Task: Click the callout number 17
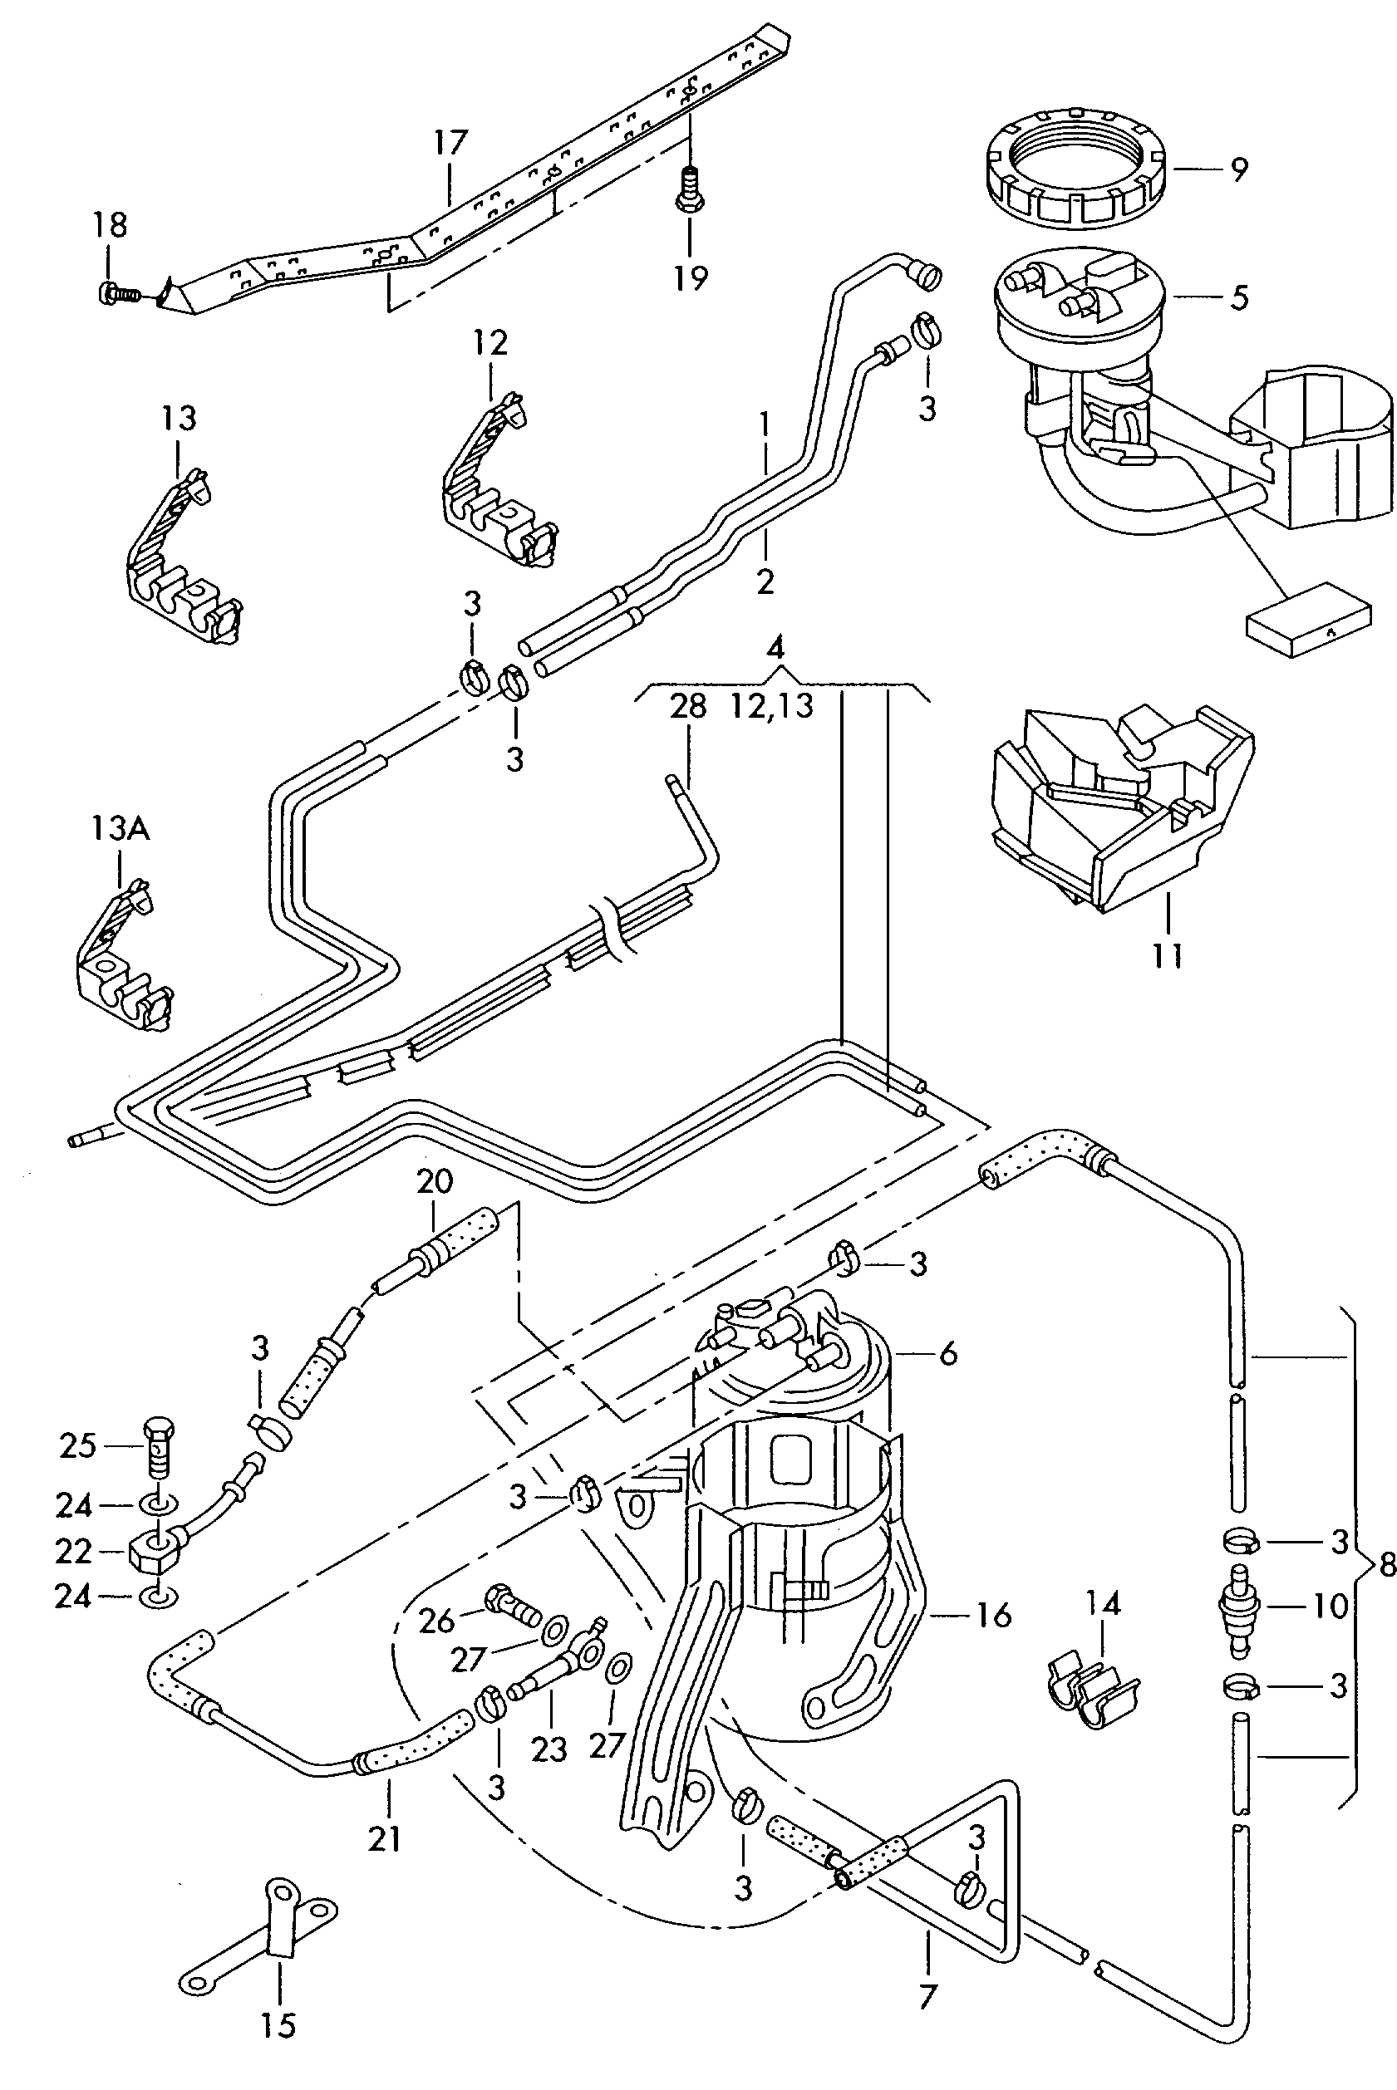click(x=450, y=143)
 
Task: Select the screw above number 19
click(x=687, y=191)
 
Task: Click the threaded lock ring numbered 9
click(x=1076, y=168)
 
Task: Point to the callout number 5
click(x=1239, y=297)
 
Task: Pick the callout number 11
click(x=1167, y=956)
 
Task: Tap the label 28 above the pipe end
click(x=688, y=706)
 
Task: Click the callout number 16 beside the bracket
click(x=994, y=1615)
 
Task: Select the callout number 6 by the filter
click(x=948, y=1355)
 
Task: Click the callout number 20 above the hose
click(x=435, y=1182)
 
